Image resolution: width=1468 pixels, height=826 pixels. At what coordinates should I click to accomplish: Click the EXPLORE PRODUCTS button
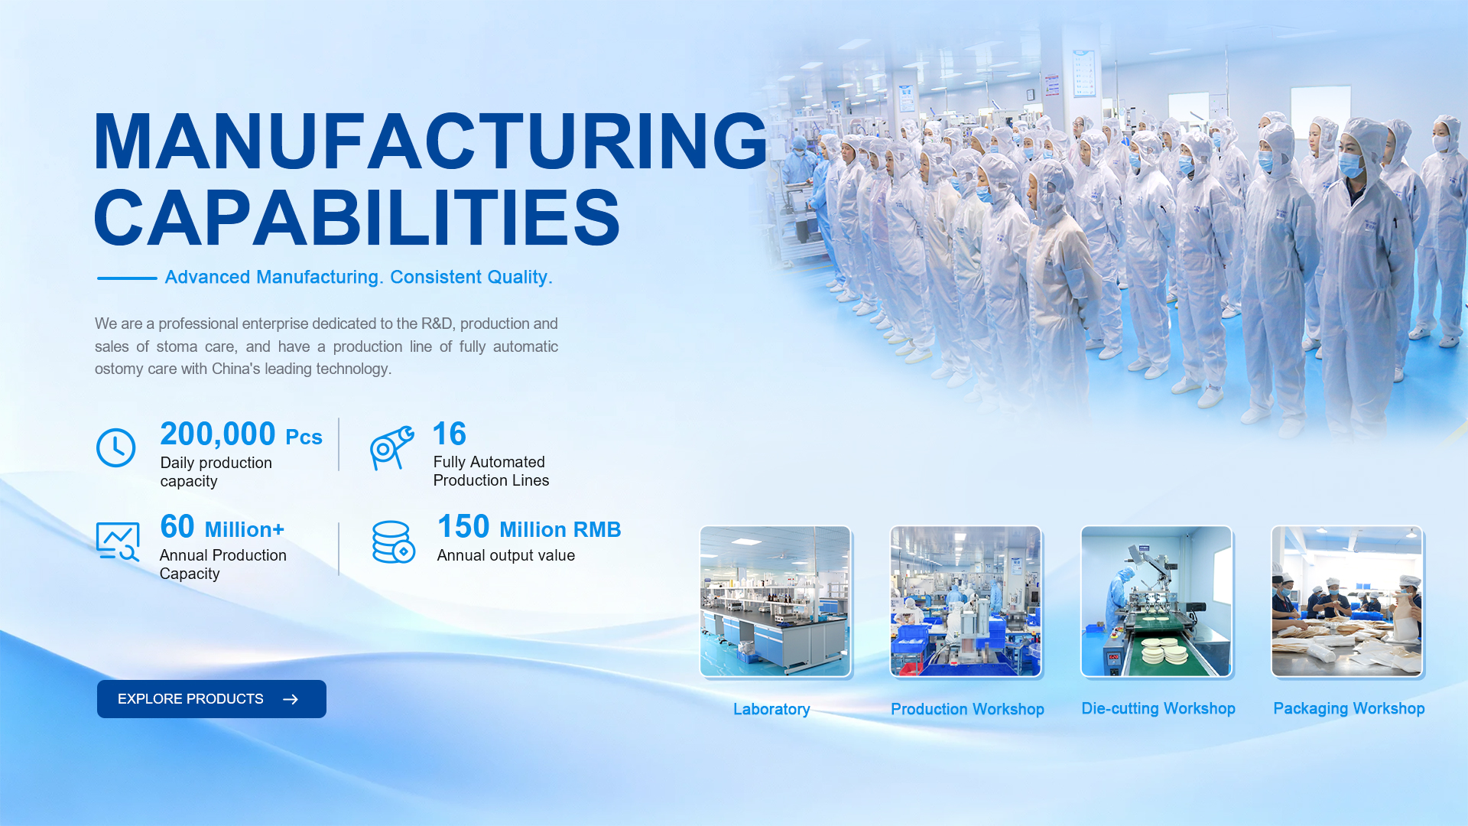212,699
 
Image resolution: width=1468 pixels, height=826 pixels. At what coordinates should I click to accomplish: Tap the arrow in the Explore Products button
291,699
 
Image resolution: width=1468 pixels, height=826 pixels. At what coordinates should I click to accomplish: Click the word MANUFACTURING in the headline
430,141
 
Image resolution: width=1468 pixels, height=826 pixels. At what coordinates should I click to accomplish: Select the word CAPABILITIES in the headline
357,218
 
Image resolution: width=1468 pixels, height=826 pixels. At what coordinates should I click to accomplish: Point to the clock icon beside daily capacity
116,447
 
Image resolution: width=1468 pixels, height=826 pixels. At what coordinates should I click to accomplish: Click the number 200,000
218,434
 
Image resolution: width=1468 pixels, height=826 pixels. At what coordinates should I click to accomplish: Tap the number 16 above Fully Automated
450,434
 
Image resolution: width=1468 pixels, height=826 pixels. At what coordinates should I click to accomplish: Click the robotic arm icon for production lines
392,448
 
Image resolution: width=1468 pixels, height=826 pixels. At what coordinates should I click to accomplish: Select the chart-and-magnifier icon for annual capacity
118,541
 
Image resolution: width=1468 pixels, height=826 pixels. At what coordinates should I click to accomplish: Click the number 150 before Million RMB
463,527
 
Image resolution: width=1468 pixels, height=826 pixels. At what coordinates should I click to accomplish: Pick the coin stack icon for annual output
394,541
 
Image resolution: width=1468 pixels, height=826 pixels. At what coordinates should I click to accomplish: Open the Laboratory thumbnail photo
775,601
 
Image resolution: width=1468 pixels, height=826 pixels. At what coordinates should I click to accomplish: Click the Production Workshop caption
967,709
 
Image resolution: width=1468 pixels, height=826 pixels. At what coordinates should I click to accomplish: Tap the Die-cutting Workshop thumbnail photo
1156,601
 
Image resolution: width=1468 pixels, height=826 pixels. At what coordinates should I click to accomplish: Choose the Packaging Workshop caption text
1349,709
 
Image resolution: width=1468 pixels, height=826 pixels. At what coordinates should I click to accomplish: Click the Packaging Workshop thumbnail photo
1346,601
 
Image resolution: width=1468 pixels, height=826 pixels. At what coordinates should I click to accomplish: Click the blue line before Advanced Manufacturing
127,278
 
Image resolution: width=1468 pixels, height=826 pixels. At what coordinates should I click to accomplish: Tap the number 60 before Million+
177,527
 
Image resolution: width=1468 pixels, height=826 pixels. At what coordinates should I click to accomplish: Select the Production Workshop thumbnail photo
966,601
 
